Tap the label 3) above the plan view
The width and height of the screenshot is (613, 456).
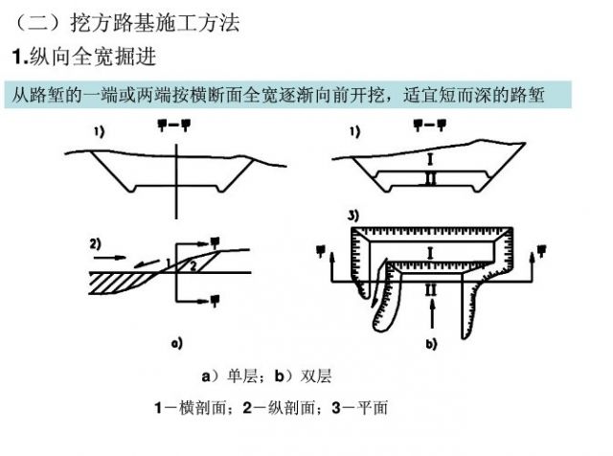(x=354, y=216)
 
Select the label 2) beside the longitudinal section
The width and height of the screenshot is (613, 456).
(x=96, y=241)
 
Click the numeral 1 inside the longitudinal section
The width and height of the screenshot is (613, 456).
(x=168, y=262)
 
